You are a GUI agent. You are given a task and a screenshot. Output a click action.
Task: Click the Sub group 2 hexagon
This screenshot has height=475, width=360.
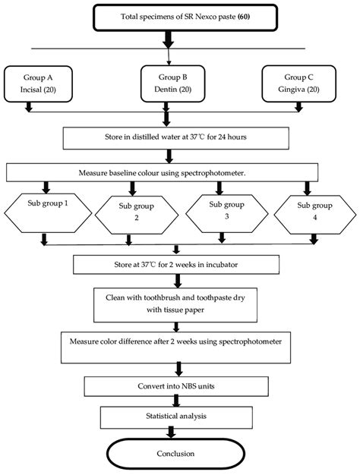pyautogui.click(x=135, y=213)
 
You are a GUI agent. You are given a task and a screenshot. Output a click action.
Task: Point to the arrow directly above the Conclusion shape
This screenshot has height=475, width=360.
pyautogui.click(x=175, y=433)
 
